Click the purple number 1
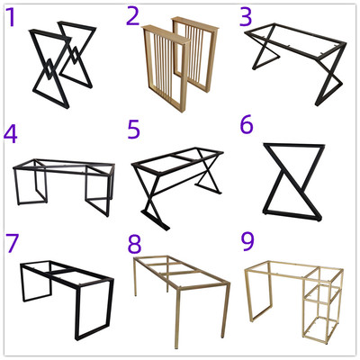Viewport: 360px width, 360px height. click(x=11, y=17)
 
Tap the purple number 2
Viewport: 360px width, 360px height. click(x=133, y=16)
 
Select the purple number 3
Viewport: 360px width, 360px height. click(x=246, y=16)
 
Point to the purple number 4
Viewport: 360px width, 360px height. click(x=11, y=134)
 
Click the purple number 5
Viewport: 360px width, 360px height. click(x=134, y=130)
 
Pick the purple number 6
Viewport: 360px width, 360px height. click(x=247, y=125)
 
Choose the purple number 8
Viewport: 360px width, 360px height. click(x=134, y=245)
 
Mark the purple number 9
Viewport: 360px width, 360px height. click(x=247, y=242)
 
